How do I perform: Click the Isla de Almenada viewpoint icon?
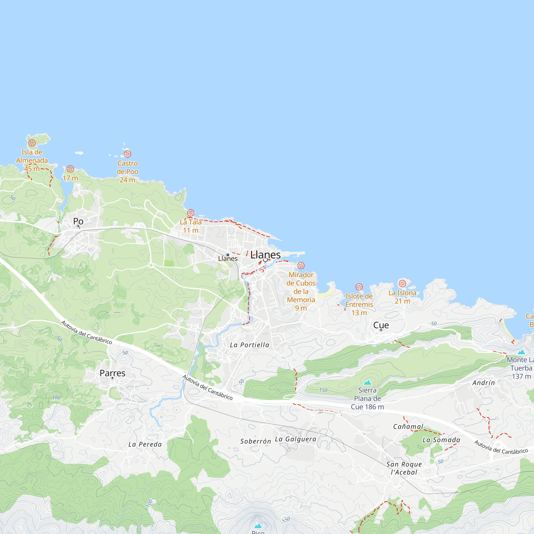point(32,143)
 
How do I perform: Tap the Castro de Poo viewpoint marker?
point(127,154)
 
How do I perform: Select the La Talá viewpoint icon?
point(191,213)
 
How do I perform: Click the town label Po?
point(78,221)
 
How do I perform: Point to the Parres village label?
point(112,373)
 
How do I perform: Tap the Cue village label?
point(381,325)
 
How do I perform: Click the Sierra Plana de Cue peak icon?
point(367,383)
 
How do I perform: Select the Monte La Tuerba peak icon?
point(521,352)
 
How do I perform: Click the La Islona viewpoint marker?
point(402,283)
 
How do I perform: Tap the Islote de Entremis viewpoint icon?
point(359,287)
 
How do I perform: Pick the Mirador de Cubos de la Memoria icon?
point(301,266)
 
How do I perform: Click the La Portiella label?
point(250,345)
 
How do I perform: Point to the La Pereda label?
point(145,445)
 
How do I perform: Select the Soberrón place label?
point(256,441)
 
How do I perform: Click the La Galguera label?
point(296,439)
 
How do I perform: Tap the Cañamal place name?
point(408,426)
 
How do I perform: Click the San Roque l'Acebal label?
point(404,468)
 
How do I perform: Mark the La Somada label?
point(441,440)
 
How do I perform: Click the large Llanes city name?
point(265,255)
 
